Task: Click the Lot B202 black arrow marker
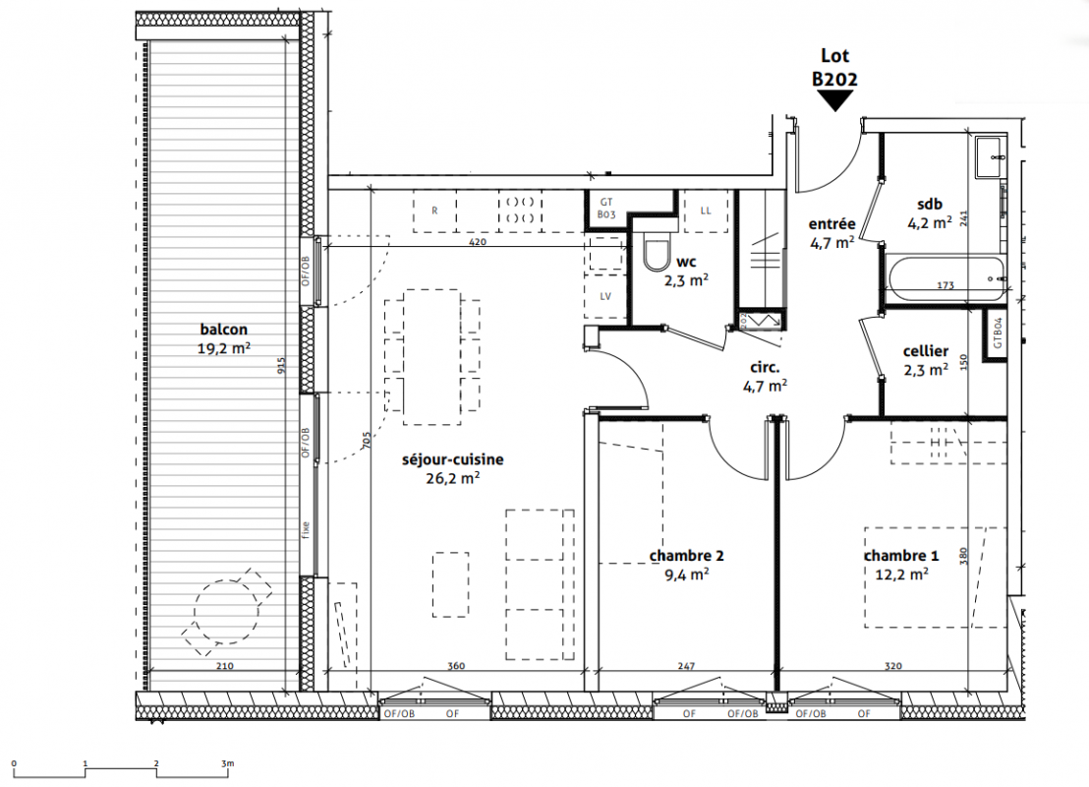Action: click(834, 101)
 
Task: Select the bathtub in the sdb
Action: click(945, 279)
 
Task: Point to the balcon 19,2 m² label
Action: click(224, 338)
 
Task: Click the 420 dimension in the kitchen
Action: click(478, 242)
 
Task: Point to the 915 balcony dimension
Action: click(281, 366)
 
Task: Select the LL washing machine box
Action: click(706, 211)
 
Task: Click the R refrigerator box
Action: click(434, 211)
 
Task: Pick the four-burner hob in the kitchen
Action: click(521, 211)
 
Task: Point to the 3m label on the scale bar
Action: click(228, 763)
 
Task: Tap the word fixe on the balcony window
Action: click(306, 530)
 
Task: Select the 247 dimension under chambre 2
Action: click(685, 666)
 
